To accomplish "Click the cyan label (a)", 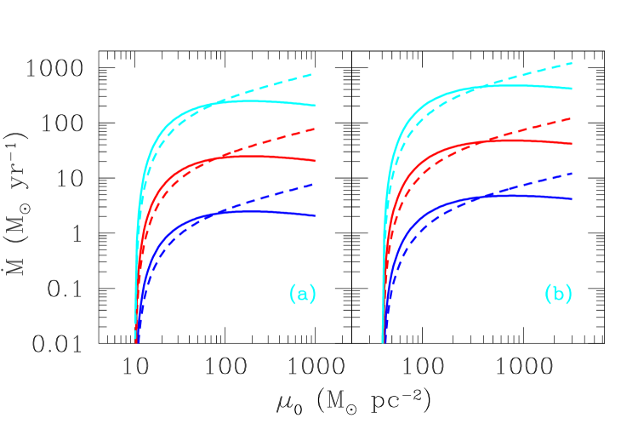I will pos(303,295).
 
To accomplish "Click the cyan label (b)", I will pos(558,295).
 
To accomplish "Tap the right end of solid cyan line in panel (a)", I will pos(316,106).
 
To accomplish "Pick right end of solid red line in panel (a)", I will pos(316,160).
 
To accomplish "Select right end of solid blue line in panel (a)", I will pos(316,215).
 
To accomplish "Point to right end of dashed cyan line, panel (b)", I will pos(572,62).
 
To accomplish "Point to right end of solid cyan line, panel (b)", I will pos(572,89).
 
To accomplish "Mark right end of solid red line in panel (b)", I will pos(572,144).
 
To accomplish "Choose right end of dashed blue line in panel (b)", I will pos(572,172).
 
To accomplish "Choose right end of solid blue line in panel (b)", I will pos(572,198).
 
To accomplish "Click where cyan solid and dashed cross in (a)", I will pos(223,101).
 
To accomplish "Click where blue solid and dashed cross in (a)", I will pos(223,211).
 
